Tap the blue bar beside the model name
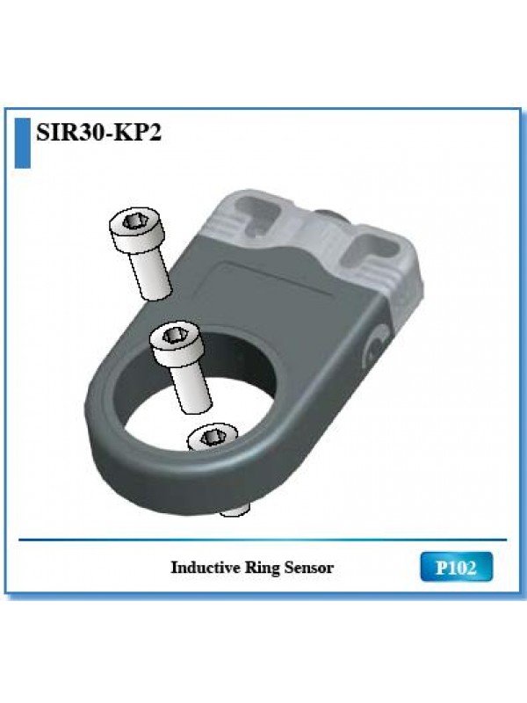pyautogui.click(x=23, y=143)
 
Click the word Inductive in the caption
pyautogui.click(x=206, y=568)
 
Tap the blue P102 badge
pyautogui.click(x=456, y=567)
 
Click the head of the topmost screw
pyautogui.click(x=137, y=230)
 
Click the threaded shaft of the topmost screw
pyautogui.click(x=151, y=274)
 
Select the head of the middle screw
pyautogui.click(x=177, y=344)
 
